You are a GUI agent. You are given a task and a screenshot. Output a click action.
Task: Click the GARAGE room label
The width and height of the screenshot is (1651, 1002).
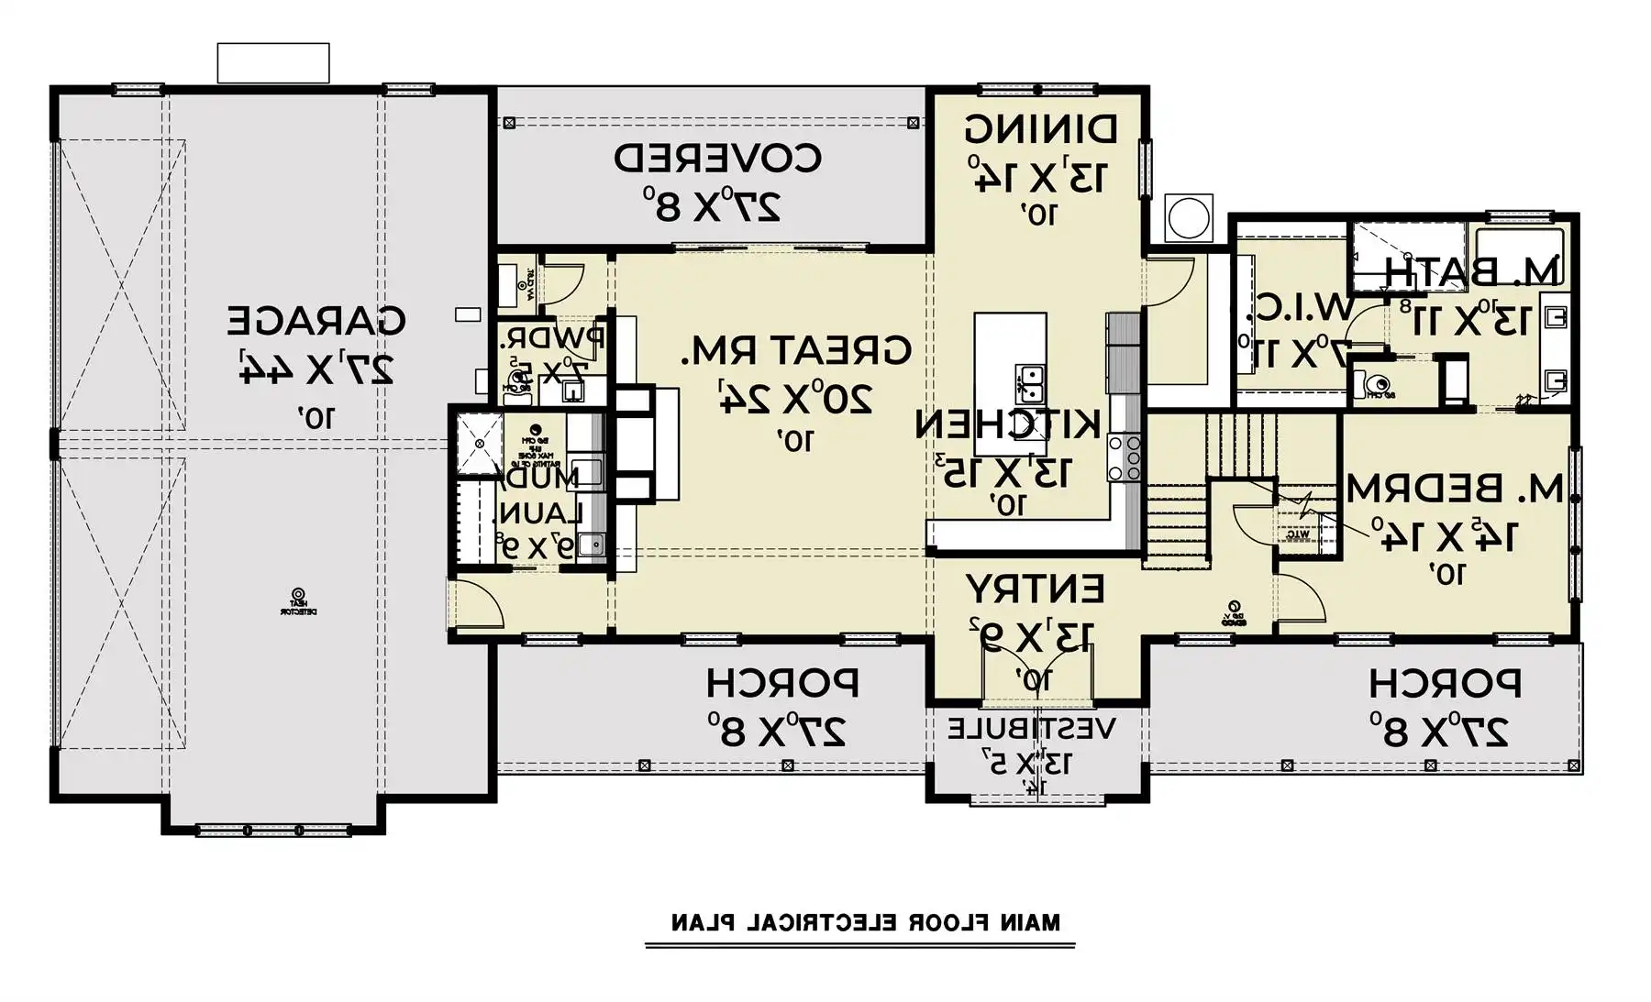[316, 321]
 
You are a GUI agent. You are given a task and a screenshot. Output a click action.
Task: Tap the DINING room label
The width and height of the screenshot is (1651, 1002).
[1041, 129]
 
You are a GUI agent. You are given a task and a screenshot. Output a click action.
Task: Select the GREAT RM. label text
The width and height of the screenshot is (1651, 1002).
[796, 350]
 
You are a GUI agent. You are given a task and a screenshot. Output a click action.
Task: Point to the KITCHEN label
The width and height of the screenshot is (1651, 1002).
[1007, 424]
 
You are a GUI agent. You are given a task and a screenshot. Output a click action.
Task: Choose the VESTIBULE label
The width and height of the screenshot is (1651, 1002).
[1032, 730]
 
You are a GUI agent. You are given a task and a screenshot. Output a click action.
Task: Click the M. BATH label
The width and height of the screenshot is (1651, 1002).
[1471, 271]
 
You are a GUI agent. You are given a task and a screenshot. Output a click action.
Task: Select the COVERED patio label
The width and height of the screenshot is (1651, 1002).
[717, 159]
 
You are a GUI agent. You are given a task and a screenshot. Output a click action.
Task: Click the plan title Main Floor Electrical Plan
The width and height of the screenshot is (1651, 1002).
[866, 922]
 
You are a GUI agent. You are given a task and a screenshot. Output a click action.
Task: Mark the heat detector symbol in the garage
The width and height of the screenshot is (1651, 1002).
[298, 595]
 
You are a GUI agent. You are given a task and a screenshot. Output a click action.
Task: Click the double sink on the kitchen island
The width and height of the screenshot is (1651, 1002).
[1029, 383]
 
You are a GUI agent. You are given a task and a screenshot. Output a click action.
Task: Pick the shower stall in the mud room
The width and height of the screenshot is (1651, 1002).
[480, 443]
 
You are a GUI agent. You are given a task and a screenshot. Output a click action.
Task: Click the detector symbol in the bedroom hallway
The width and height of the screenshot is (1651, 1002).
[1235, 607]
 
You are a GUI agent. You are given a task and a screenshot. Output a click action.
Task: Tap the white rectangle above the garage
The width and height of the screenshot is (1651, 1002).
[272, 63]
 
